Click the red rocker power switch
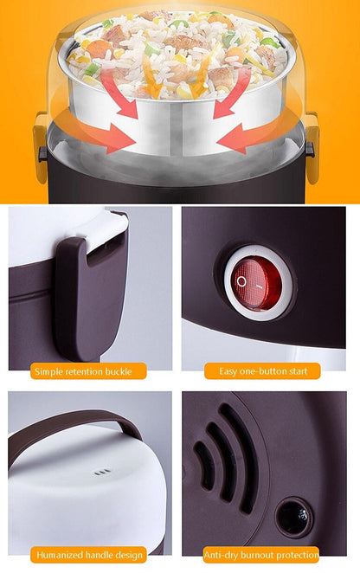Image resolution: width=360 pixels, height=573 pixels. [x=257, y=283]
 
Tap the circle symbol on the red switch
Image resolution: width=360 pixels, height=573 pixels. [x=241, y=281]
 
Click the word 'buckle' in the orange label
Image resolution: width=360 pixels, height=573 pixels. [x=119, y=371]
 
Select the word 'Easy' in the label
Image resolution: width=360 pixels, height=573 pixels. [x=228, y=371]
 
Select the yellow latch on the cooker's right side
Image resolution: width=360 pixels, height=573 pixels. [x=312, y=146]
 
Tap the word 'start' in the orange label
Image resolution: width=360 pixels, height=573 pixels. [x=299, y=371]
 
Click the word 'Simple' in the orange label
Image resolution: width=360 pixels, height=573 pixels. [x=48, y=371]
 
